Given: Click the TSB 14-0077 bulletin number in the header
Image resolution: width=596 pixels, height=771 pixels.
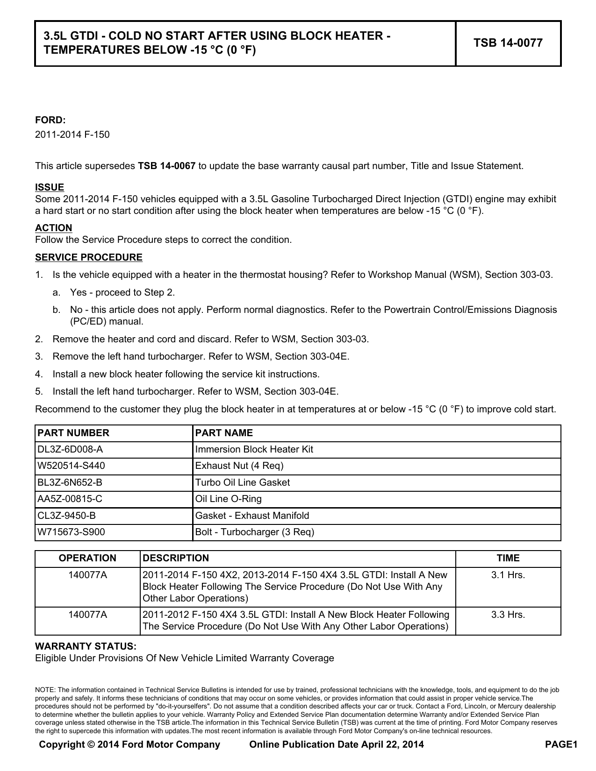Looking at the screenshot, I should coord(508,43).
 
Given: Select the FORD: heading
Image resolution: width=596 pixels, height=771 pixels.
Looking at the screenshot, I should coord(50,120).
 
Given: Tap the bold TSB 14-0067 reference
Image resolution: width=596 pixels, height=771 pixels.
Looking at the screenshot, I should coord(166,166).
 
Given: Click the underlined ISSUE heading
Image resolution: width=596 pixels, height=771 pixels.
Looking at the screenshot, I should coord(50,188).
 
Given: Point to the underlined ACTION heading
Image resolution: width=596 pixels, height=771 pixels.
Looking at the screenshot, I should coord(54,228).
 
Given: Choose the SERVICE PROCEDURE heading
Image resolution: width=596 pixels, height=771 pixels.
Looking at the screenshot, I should coord(89,258).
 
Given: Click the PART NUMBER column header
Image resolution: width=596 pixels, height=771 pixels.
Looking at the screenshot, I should coord(73,433).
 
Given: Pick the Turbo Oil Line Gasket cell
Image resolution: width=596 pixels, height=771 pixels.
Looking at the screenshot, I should coord(242,482).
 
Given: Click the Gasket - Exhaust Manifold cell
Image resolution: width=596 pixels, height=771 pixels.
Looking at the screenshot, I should coord(252,516).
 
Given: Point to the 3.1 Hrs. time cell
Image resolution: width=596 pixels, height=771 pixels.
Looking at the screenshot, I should coord(508,575).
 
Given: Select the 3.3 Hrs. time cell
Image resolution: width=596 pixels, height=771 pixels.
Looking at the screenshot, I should coord(508,615).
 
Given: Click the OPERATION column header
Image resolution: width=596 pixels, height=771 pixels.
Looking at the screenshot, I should coord(87,559).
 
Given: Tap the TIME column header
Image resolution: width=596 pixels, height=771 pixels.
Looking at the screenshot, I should coord(508,559).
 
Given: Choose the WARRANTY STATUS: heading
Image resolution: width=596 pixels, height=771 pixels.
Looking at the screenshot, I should coord(86,647).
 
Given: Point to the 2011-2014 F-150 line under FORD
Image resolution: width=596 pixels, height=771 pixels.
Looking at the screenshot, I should coord(72,135).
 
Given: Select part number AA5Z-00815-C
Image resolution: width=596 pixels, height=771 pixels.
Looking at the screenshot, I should coord(70,499).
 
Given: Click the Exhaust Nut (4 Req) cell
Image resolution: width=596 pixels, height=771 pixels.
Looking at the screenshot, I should coord(239,466).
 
